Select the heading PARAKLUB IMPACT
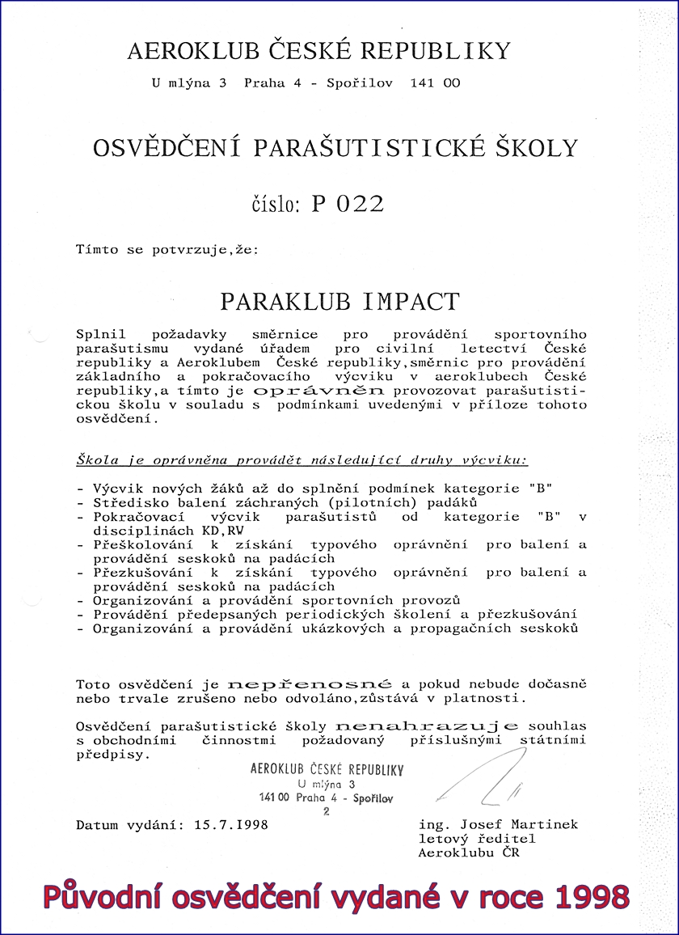(x=339, y=302)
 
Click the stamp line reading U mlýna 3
(x=327, y=785)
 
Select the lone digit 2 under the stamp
(x=327, y=813)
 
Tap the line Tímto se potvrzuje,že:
(x=168, y=250)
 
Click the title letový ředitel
(x=476, y=839)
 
